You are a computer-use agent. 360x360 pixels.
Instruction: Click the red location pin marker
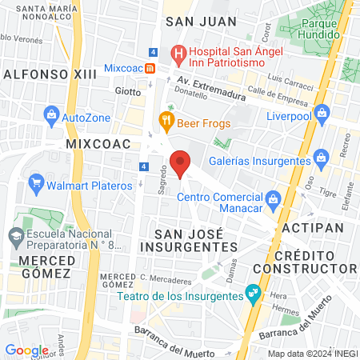[182, 163]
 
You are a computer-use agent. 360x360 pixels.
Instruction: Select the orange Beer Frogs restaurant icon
[166, 122]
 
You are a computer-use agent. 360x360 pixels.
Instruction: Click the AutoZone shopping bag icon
[50, 116]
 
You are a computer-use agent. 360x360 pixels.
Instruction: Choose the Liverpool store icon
[322, 111]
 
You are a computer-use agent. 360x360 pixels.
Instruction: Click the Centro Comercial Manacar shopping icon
[272, 198]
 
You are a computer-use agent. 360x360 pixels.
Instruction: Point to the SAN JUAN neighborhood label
[201, 22]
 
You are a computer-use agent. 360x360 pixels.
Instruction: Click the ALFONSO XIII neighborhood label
[38, 74]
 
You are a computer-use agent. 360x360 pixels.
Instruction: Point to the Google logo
[26, 350]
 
